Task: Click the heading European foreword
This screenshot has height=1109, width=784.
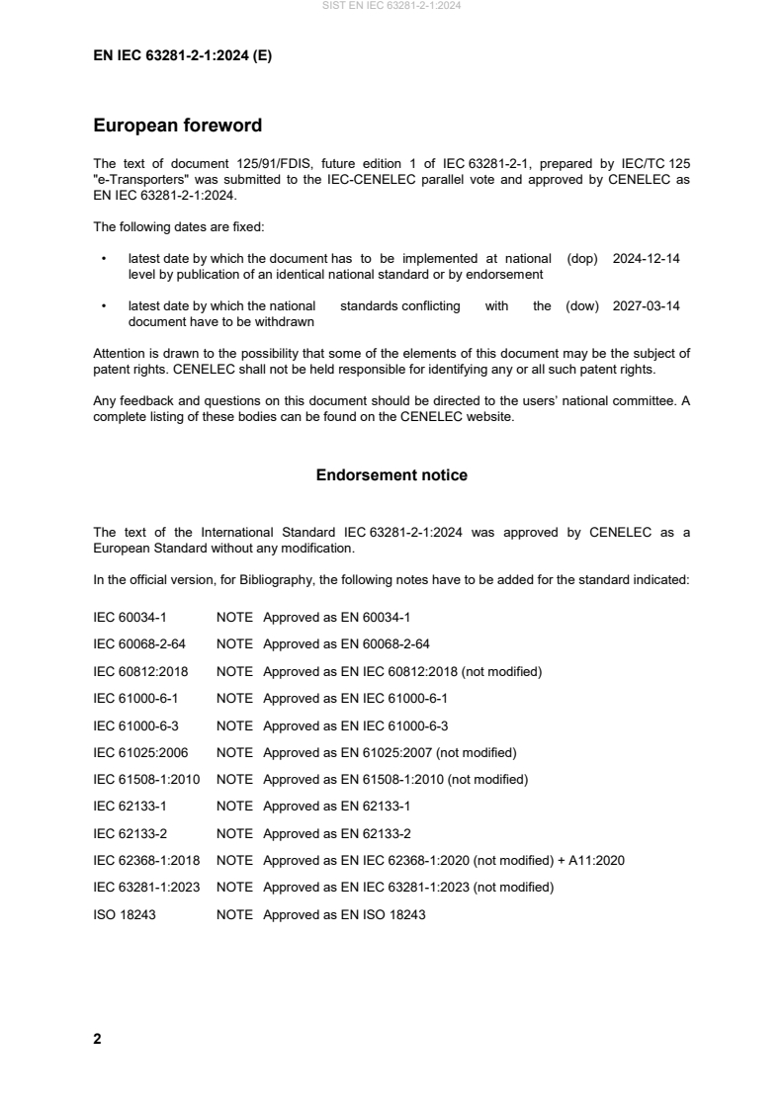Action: pos(177,126)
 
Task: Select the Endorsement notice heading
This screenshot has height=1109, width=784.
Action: pos(392,475)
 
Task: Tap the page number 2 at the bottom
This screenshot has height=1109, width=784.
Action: pos(97,1039)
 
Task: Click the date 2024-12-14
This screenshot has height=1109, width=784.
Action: pos(646,258)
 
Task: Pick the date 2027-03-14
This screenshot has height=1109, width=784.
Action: pos(646,306)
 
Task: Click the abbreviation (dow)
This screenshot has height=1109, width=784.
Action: pos(582,306)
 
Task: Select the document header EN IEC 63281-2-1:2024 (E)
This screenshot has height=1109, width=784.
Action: pos(182,56)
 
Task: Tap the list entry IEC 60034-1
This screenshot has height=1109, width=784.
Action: pos(130,617)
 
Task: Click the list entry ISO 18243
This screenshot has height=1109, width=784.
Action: pos(125,915)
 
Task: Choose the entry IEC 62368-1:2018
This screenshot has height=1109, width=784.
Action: pos(146,861)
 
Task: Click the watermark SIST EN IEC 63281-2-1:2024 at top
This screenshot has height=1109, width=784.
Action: pos(392,6)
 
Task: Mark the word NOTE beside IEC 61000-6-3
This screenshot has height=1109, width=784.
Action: pos(234,725)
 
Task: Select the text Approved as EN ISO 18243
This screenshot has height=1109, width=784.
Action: pos(344,915)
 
